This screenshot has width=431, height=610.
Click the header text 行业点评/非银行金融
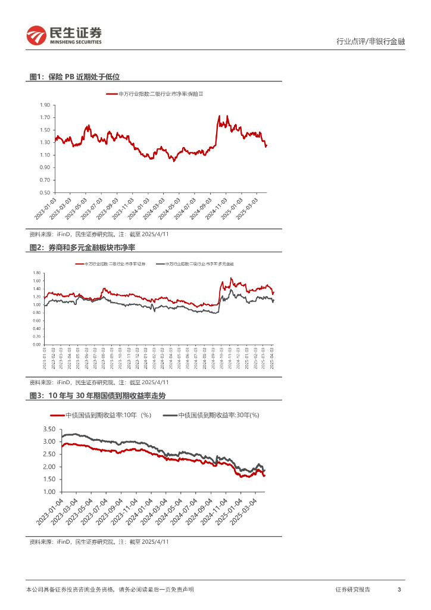370,42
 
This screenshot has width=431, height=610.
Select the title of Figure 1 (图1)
75,77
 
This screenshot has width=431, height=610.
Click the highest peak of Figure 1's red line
220,116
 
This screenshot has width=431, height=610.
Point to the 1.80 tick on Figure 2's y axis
37,273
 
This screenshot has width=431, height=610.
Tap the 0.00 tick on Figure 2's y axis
37,344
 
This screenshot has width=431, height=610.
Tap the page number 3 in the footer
399,589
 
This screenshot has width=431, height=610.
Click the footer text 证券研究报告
352,589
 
